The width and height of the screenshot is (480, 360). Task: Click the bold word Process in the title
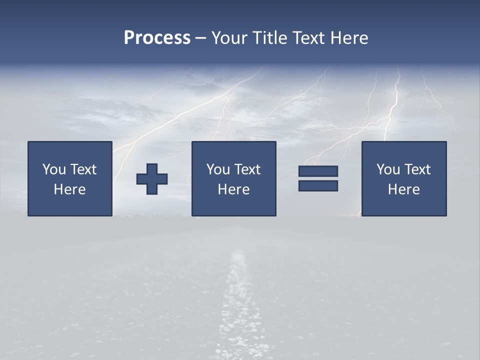point(157,38)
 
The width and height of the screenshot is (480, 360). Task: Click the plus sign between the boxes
point(152,178)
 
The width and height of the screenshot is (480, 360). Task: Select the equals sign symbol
point(318,178)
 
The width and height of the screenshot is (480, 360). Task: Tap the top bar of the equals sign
point(318,171)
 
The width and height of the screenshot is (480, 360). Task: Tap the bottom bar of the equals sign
point(318,186)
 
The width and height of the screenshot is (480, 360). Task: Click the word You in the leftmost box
point(54,169)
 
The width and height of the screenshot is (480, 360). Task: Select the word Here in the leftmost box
point(69,189)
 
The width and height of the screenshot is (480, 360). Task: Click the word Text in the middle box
point(247,169)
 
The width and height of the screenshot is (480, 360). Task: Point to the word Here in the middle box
point(233,189)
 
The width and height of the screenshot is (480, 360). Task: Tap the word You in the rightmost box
point(388,169)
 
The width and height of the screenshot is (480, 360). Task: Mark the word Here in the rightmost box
point(403,189)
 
